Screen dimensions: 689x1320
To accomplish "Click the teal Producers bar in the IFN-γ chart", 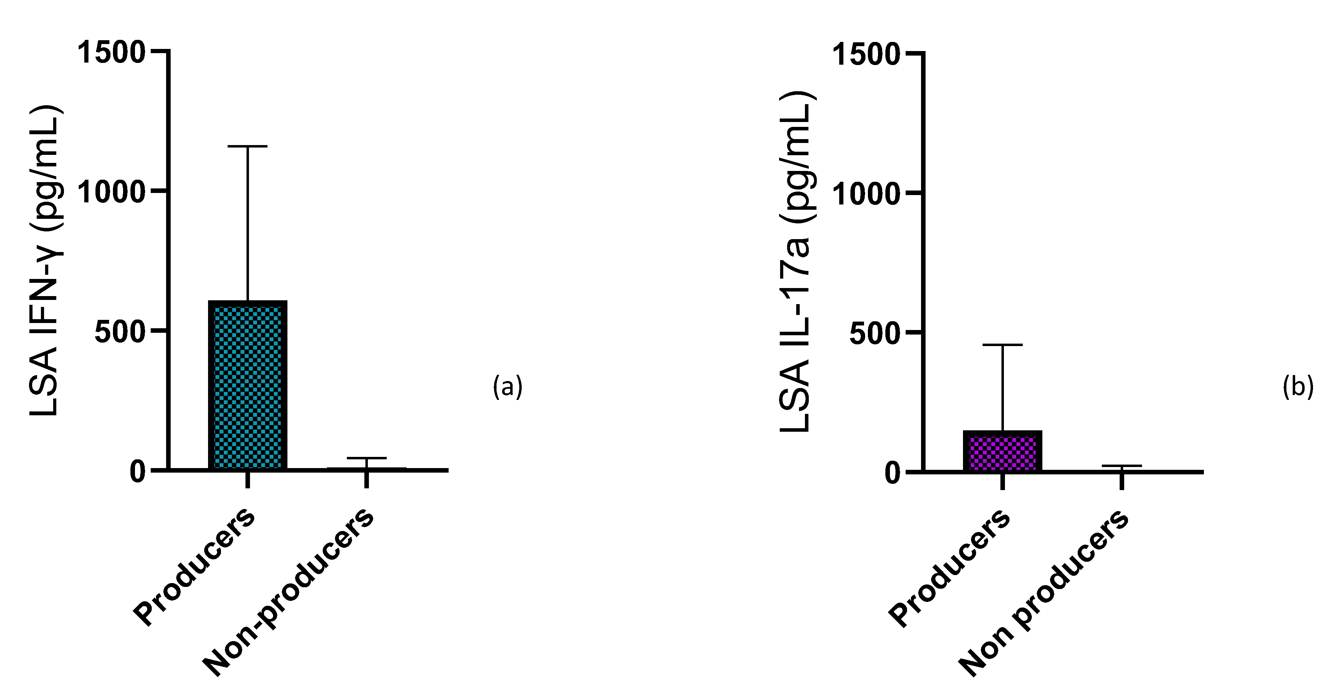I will pos(248,385).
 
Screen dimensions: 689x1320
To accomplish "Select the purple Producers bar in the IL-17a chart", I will pos(1002,451).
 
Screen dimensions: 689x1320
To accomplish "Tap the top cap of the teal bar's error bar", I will pos(248,146).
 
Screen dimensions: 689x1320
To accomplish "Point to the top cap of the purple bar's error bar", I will pos(1002,345).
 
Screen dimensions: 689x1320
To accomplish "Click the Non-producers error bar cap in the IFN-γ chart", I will pos(367,458).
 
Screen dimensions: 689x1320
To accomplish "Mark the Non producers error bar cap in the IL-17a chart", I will pos(1122,466).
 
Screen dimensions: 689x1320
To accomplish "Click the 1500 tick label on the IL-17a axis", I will pos(866,54).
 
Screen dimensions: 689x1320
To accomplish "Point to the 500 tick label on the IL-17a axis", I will pos(875,333).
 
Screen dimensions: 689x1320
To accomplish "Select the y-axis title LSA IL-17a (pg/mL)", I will pos(796,261).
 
